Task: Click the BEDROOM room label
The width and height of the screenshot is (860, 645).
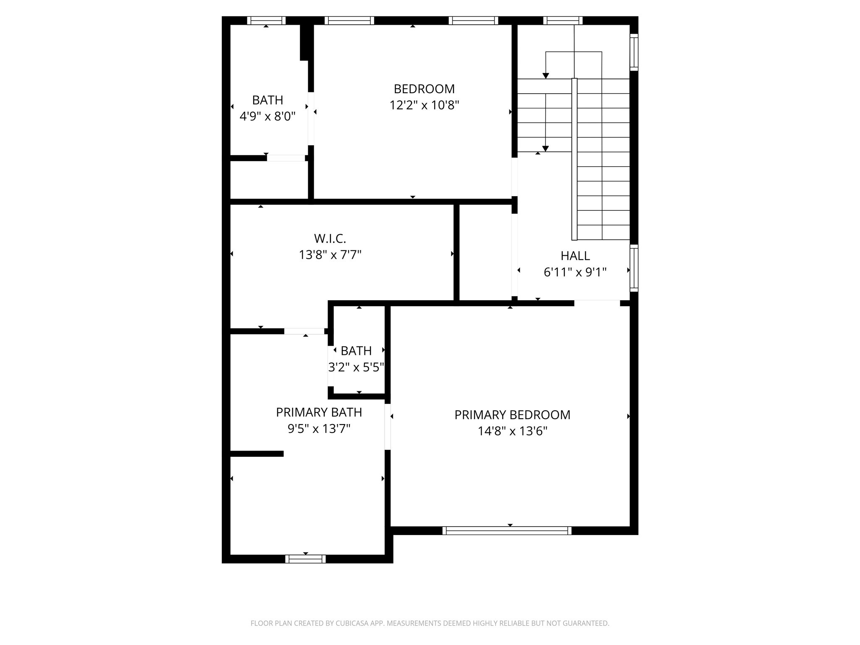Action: [424, 89]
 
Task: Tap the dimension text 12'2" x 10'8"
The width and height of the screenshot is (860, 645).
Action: [424, 105]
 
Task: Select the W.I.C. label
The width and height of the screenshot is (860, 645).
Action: [330, 239]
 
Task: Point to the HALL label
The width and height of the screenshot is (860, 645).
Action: [575, 256]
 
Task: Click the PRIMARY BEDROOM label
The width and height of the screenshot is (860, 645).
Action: [512, 415]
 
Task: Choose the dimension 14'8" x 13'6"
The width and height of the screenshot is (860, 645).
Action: [512, 431]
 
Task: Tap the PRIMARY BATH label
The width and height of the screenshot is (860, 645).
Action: [319, 412]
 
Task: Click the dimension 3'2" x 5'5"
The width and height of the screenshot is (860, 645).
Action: [356, 367]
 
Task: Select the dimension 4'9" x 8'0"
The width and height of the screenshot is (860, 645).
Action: [267, 116]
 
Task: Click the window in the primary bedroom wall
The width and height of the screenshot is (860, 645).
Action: [507, 530]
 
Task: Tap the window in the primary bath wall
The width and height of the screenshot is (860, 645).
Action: [305, 558]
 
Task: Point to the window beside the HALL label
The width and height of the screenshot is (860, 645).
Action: [634, 268]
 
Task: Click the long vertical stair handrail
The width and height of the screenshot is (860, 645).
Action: [574, 159]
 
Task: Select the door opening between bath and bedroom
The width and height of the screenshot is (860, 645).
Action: [311, 118]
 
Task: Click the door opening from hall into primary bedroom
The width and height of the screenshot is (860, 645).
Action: [597, 303]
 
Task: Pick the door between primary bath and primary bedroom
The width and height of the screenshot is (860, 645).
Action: [388, 427]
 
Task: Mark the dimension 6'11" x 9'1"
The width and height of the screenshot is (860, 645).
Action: [575, 273]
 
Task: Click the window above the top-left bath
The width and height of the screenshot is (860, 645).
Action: [266, 21]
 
